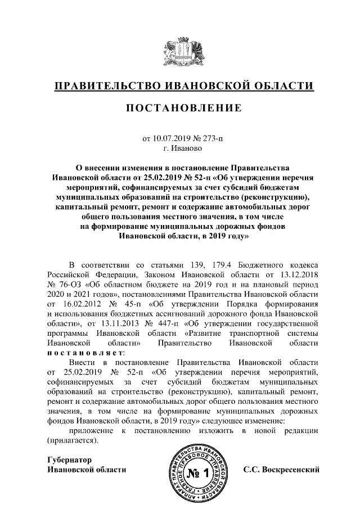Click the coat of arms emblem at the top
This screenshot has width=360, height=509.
(x=180, y=53)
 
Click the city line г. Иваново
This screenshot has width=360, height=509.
(x=179, y=148)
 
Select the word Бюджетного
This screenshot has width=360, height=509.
(x=261, y=264)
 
